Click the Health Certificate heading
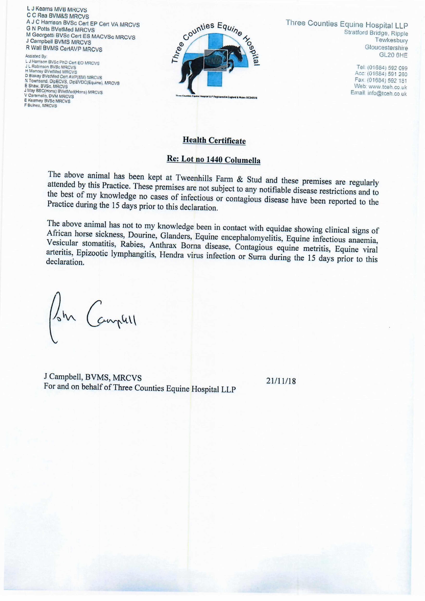coord(214,141)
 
